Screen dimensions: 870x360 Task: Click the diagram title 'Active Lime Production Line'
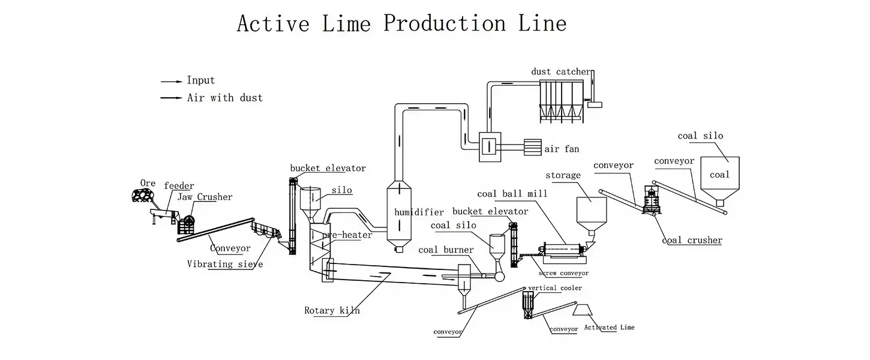coord(401,23)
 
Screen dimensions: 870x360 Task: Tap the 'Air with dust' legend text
coord(225,97)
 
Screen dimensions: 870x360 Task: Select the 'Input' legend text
coord(201,80)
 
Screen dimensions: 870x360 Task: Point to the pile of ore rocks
coord(142,196)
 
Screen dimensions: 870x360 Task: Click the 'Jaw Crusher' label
coord(205,197)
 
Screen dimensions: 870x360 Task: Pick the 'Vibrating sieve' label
coord(225,264)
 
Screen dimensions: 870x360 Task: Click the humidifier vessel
coord(399,216)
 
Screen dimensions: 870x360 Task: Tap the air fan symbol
coord(532,148)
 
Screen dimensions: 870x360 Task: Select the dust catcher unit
coord(562,101)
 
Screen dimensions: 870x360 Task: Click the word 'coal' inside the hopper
coord(719,175)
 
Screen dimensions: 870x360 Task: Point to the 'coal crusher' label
coord(692,241)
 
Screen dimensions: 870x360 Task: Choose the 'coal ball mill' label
coord(512,194)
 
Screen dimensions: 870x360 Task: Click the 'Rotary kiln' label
coord(332,311)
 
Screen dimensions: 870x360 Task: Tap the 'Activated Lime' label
coord(610,328)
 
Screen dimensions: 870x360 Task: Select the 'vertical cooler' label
coord(555,288)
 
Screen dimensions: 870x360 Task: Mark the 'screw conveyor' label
coord(563,273)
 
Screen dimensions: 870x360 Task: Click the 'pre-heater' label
coord(347,235)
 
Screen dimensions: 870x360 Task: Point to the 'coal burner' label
coord(446,250)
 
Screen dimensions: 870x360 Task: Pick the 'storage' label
coord(563,176)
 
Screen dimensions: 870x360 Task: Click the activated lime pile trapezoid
coord(583,310)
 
